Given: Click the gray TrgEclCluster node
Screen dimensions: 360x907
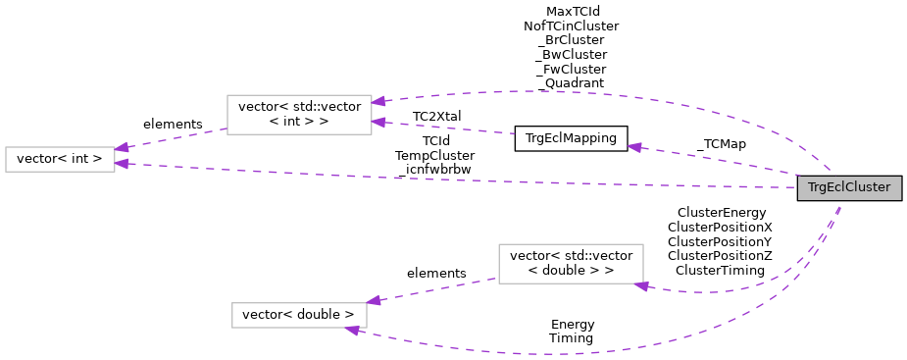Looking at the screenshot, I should click(849, 187).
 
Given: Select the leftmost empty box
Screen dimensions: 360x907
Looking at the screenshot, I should click(60, 159).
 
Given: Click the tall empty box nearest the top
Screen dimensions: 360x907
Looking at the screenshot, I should click(299, 115).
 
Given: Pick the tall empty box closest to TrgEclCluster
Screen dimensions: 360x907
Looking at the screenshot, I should click(571, 264).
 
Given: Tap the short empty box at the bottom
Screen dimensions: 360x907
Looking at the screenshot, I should click(299, 315).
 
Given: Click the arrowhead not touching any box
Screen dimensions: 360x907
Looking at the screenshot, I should click(635, 148).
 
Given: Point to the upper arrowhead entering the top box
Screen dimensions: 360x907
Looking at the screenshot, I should click(379, 100).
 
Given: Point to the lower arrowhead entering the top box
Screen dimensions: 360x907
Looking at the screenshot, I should click(379, 123).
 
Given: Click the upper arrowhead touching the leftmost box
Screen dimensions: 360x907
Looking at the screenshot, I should click(123, 148).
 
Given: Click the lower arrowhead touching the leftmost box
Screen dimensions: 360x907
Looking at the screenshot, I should click(123, 164).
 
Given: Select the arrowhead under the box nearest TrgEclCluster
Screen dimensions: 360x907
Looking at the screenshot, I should click(641, 285).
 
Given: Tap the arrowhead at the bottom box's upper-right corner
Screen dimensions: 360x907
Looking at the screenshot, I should click(374, 300).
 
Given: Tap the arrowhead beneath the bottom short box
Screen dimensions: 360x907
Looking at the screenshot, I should click(353, 331).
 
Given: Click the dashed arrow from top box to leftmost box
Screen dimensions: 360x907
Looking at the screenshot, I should click(172, 139).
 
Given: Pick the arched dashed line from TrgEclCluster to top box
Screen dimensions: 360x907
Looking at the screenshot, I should click(588, 94).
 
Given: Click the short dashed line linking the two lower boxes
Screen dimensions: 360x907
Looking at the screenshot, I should click(436, 289).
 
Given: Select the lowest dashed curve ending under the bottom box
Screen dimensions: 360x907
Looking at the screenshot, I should click(549, 353).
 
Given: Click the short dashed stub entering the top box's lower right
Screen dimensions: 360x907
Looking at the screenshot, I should click(451, 129).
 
